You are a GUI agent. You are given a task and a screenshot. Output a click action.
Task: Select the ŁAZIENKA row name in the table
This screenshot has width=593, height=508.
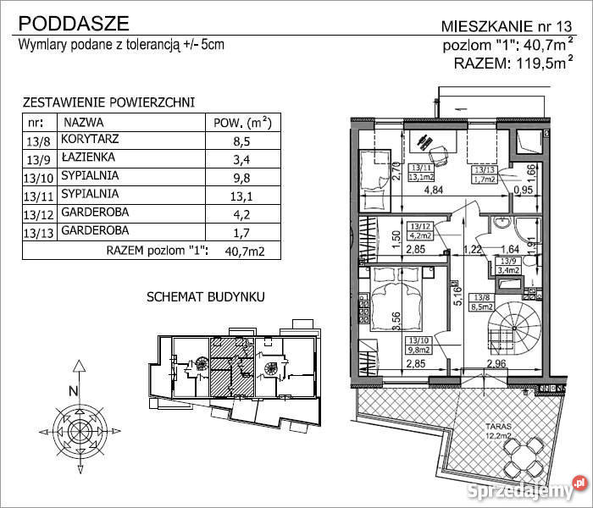(93, 157)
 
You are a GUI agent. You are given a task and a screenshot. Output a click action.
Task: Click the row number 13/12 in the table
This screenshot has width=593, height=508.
(39, 215)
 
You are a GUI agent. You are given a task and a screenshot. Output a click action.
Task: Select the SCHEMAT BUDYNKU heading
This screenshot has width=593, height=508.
(206, 298)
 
